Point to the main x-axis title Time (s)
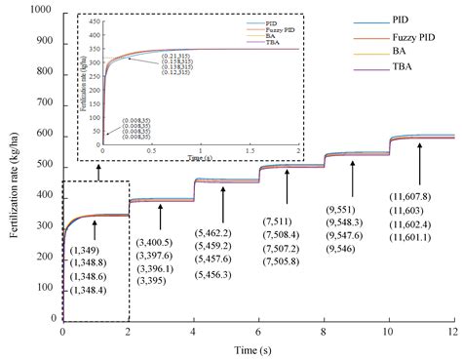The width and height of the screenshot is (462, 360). [257, 350]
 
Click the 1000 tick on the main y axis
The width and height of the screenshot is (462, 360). [42, 10]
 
